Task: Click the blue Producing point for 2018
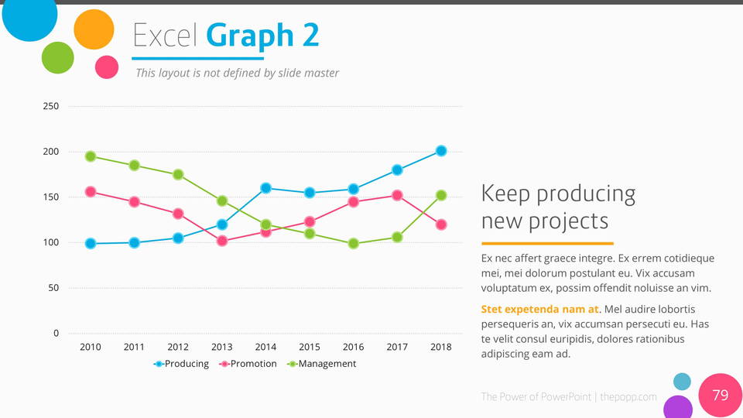441,151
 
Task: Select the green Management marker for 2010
91,156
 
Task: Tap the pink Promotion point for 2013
222,241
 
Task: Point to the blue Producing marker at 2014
266,188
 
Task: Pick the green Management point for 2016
354,243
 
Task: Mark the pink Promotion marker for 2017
397,196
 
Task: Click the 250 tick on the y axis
50,106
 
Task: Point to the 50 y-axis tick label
53,288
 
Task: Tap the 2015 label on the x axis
310,347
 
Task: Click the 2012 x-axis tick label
178,347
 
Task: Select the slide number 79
720,396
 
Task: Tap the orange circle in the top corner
94,30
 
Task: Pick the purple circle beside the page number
678,408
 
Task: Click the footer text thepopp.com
628,397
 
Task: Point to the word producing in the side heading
586,194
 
